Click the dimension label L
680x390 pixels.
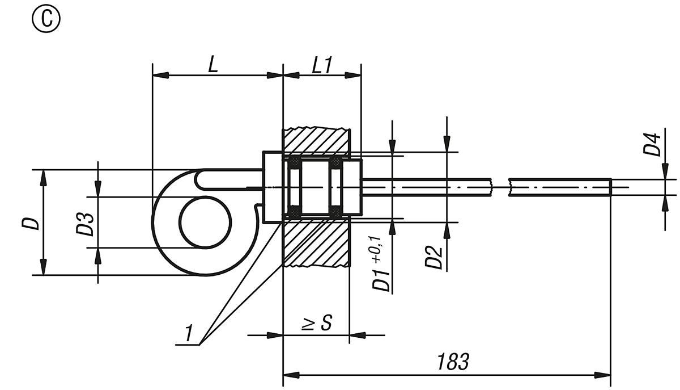point(212,64)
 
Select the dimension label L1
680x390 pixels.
point(321,64)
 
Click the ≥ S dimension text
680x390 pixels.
point(316,324)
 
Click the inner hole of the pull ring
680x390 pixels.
point(206,222)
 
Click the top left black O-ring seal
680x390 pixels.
point(294,163)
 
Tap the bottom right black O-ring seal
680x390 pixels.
point(335,212)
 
